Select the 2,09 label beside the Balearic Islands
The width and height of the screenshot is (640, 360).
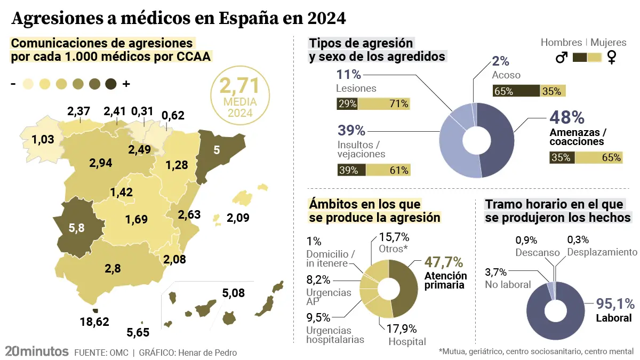[238, 218]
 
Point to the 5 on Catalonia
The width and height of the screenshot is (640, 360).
[216, 150]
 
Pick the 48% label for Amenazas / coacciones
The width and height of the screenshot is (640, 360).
[567, 118]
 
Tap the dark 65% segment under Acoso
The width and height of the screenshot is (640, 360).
[516, 91]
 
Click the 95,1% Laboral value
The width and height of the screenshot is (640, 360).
[614, 304]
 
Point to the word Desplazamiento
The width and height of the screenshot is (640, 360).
[602, 252]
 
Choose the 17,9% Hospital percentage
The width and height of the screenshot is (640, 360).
[402, 329]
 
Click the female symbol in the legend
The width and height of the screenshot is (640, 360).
[611, 58]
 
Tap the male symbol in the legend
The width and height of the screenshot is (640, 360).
[561, 58]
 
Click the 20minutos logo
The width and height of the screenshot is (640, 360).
[36, 351]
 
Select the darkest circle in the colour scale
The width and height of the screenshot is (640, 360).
[111, 84]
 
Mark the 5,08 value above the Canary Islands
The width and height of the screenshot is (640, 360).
[234, 293]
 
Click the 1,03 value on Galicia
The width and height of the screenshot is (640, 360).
[43, 140]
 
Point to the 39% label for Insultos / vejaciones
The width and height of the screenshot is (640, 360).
[351, 130]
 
